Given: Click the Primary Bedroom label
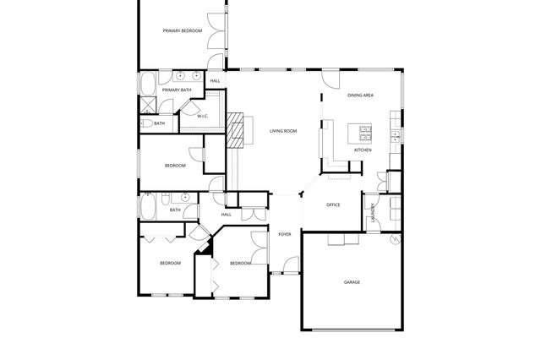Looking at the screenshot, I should (183, 30).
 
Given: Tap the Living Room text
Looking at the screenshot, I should (283, 131).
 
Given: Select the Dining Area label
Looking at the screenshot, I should (361, 95).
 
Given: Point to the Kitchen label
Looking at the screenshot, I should (363, 150).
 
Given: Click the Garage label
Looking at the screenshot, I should (352, 281).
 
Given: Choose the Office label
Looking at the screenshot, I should (333, 205).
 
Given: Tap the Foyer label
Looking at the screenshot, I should (285, 234).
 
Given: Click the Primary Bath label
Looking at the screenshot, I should (177, 90).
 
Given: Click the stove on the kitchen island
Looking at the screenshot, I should (366, 132).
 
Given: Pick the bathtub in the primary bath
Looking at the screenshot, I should (147, 85).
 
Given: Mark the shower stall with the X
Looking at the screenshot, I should (148, 107).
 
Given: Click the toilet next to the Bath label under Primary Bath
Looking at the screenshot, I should (145, 124).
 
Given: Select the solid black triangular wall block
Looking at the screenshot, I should (202, 249).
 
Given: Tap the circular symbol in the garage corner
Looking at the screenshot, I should (394, 241).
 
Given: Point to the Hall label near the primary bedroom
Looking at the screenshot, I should (216, 81).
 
